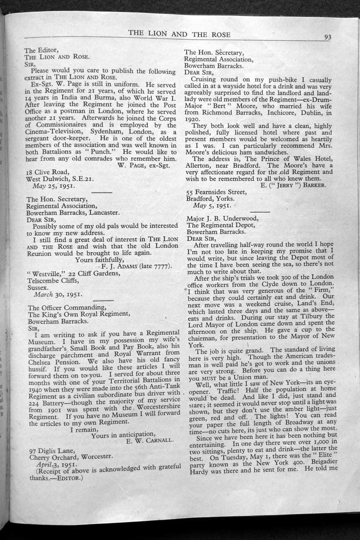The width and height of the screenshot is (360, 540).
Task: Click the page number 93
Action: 327,37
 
